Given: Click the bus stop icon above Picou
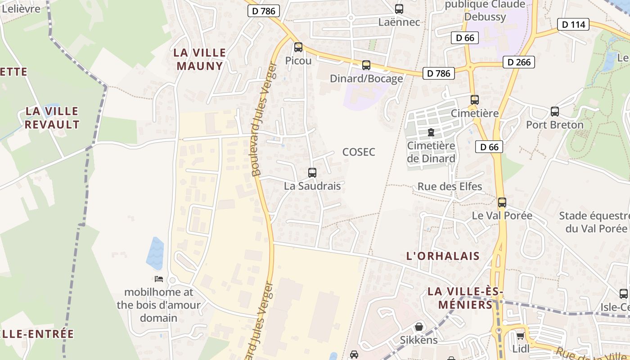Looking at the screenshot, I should coord(298,47).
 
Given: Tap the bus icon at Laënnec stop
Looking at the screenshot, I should coord(399,9).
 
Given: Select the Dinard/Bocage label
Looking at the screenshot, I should coord(366,79).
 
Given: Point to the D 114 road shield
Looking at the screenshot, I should coord(573,24).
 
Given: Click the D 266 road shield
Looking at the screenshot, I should coord(519,62).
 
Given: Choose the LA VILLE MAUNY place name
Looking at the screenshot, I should coord(200,59).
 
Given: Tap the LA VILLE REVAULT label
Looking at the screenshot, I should coord(52,118).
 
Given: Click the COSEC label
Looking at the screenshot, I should coord(359,152).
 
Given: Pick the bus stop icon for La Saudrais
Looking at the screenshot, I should coord(312,172).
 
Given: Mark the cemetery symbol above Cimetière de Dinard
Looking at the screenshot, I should coord(431,132).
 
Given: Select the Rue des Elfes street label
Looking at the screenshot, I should coord(450,186).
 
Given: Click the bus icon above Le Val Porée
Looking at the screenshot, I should coord(502,202).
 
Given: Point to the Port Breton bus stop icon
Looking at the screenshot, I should coord(555,112).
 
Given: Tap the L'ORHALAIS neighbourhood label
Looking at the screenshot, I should coord(443,256).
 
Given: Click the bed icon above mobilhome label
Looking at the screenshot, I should coord(159,279).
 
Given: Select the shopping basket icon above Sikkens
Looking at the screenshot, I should coord(419,327).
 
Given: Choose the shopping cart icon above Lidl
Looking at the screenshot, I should coord(521,336).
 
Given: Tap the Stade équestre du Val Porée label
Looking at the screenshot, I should coord(594,222).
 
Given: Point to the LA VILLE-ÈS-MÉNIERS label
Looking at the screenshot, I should coord(465,298).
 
